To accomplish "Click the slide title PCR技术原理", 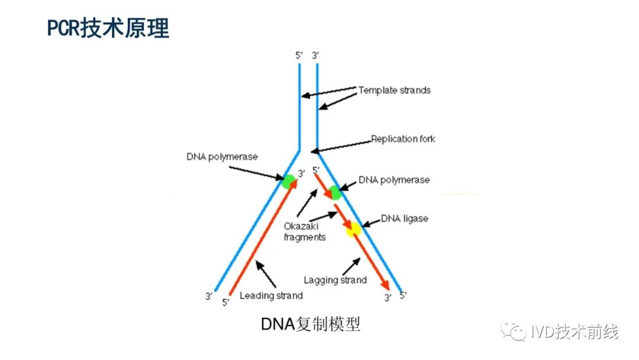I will tap(108, 28).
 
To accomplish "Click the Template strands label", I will tap(394, 91).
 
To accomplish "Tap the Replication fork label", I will tap(402, 139).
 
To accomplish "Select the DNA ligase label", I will tap(404, 218).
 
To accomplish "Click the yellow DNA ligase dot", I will tap(353, 229).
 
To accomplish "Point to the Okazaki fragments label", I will tap(305, 232).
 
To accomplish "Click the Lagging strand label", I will tap(335, 280).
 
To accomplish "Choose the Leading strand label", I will tap(271, 295).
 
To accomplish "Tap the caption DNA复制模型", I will tap(311, 324).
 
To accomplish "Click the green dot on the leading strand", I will tap(289, 181).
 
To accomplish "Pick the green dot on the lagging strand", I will tap(334, 192).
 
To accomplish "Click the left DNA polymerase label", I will tap(222, 157).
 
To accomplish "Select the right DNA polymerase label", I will tap(394, 179).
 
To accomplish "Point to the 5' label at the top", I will tap(299, 56).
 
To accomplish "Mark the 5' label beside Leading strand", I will tap(225, 303).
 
